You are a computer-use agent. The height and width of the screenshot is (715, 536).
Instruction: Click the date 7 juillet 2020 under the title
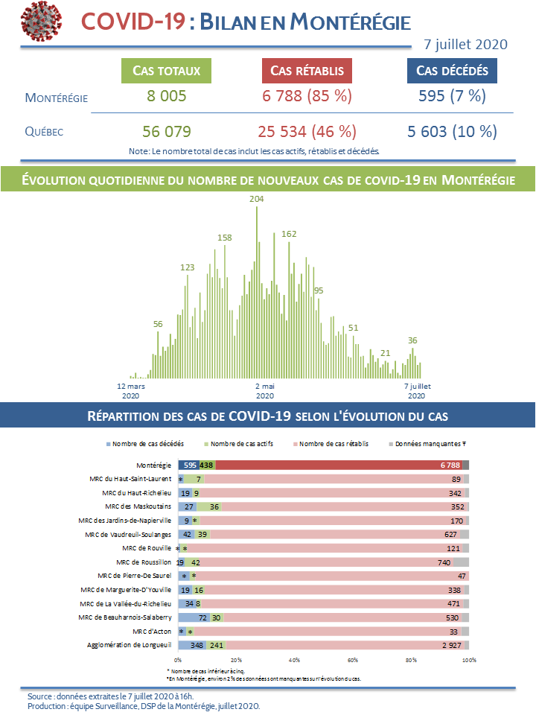pos(465,44)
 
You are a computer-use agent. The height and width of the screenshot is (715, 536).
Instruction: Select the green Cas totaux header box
pos(166,71)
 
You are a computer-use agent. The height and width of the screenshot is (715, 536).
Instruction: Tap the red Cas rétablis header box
pos(307,71)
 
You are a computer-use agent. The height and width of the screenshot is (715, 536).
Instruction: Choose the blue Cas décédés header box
pos(452,71)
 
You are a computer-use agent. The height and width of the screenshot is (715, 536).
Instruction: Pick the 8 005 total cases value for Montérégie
pos(166,96)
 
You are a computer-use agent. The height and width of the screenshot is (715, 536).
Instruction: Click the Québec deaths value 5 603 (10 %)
pos(452,132)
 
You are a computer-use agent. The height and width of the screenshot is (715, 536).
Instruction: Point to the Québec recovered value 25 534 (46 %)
pos(307,132)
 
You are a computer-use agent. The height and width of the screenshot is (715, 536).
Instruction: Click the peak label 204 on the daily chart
pos(257,199)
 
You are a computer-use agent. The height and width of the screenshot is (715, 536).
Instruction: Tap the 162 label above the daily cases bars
pos(289,234)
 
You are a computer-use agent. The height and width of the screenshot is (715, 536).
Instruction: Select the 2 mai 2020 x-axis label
pos(265,391)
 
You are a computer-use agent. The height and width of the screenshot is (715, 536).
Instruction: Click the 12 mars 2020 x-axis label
pos(131,391)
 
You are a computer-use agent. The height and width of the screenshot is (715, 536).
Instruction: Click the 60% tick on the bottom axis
pos(352,660)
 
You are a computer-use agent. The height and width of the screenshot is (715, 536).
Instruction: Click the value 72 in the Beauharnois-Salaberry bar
pos(202,617)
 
